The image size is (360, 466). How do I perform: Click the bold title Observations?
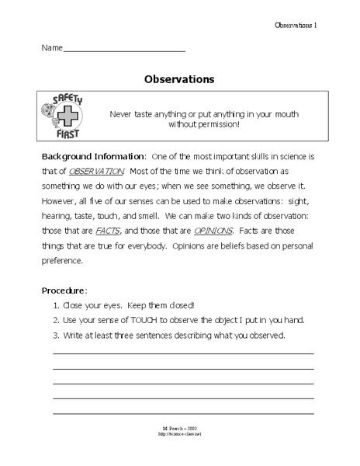coord(179,78)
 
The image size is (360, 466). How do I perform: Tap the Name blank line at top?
coord(124,50)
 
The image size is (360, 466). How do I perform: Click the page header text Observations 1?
coord(296,26)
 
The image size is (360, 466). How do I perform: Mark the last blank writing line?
coord(183,412)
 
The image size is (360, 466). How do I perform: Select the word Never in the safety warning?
coord(123,113)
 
